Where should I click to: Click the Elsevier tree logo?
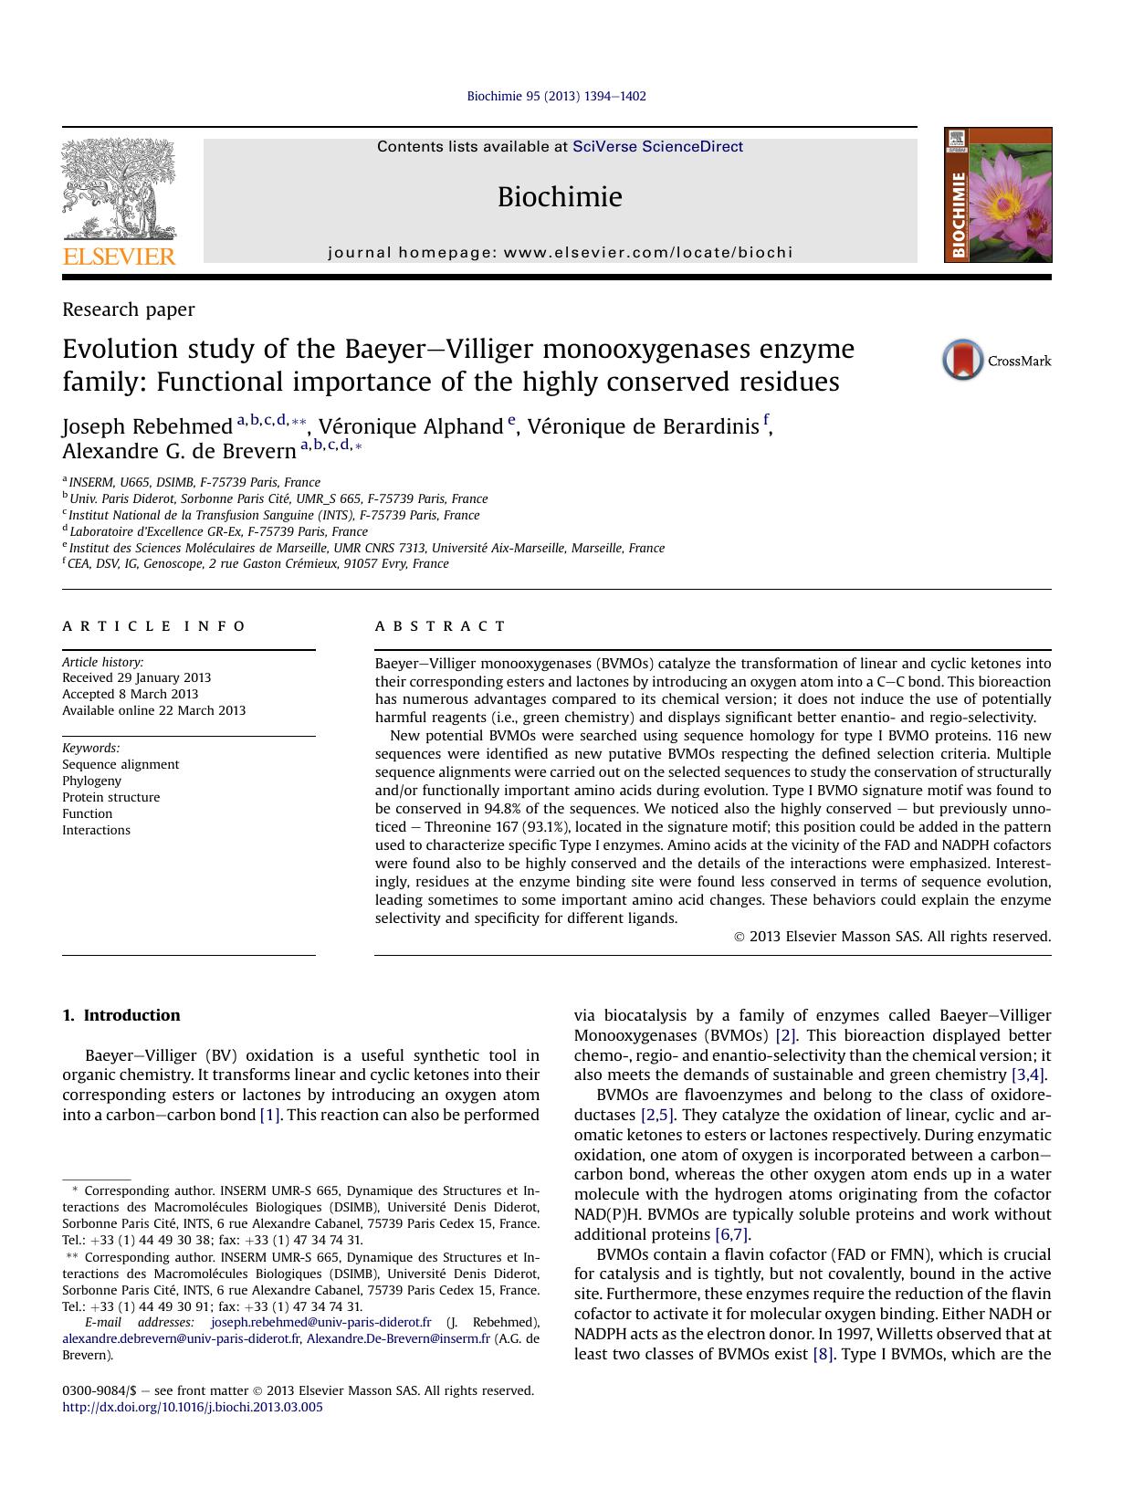pos(119,192)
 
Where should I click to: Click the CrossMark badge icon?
pos(962,360)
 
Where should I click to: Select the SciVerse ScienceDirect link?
pos(657,147)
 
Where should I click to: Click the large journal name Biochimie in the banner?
pos(560,197)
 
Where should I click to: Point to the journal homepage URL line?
pos(560,253)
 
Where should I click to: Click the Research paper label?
pos(128,309)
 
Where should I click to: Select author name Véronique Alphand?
pos(411,426)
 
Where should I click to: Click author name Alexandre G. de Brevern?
pos(179,451)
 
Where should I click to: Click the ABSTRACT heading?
pos(440,626)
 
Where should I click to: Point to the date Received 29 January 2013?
pos(136,677)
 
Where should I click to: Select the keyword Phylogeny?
pos(91,781)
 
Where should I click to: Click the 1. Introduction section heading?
pos(121,1015)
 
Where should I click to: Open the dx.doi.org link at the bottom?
pos(193,1407)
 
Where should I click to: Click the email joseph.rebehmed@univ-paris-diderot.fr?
pos(320,1322)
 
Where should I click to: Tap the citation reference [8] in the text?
pos(823,1354)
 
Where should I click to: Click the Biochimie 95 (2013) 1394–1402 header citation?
pos(556,96)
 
